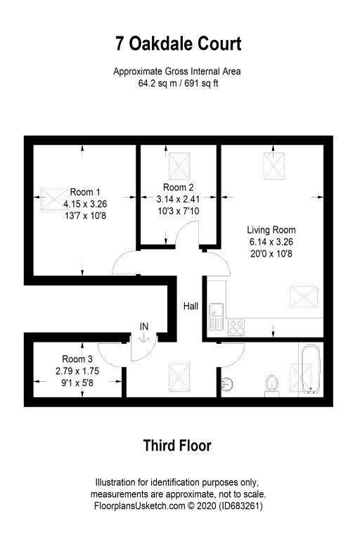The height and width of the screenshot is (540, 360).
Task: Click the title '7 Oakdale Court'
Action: (179, 44)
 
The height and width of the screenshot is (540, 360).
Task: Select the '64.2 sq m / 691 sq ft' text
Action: (179, 83)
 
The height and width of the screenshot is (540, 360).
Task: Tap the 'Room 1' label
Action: (85, 192)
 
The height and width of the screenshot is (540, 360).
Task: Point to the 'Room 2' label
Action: (178, 188)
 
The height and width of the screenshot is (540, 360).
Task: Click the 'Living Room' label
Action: (271, 230)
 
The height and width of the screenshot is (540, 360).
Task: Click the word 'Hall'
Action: (191, 307)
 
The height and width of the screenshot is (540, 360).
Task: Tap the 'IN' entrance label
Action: (144, 326)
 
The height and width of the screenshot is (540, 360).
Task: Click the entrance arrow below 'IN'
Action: (144, 337)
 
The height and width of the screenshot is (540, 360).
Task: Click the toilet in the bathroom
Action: (273, 383)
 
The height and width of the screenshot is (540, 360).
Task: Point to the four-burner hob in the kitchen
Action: (236, 326)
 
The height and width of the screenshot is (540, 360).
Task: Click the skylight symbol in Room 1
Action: (53, 195)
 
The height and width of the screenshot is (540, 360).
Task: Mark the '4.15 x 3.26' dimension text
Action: (85, 204)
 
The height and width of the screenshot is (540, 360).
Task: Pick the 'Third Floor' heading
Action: (177, 445)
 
